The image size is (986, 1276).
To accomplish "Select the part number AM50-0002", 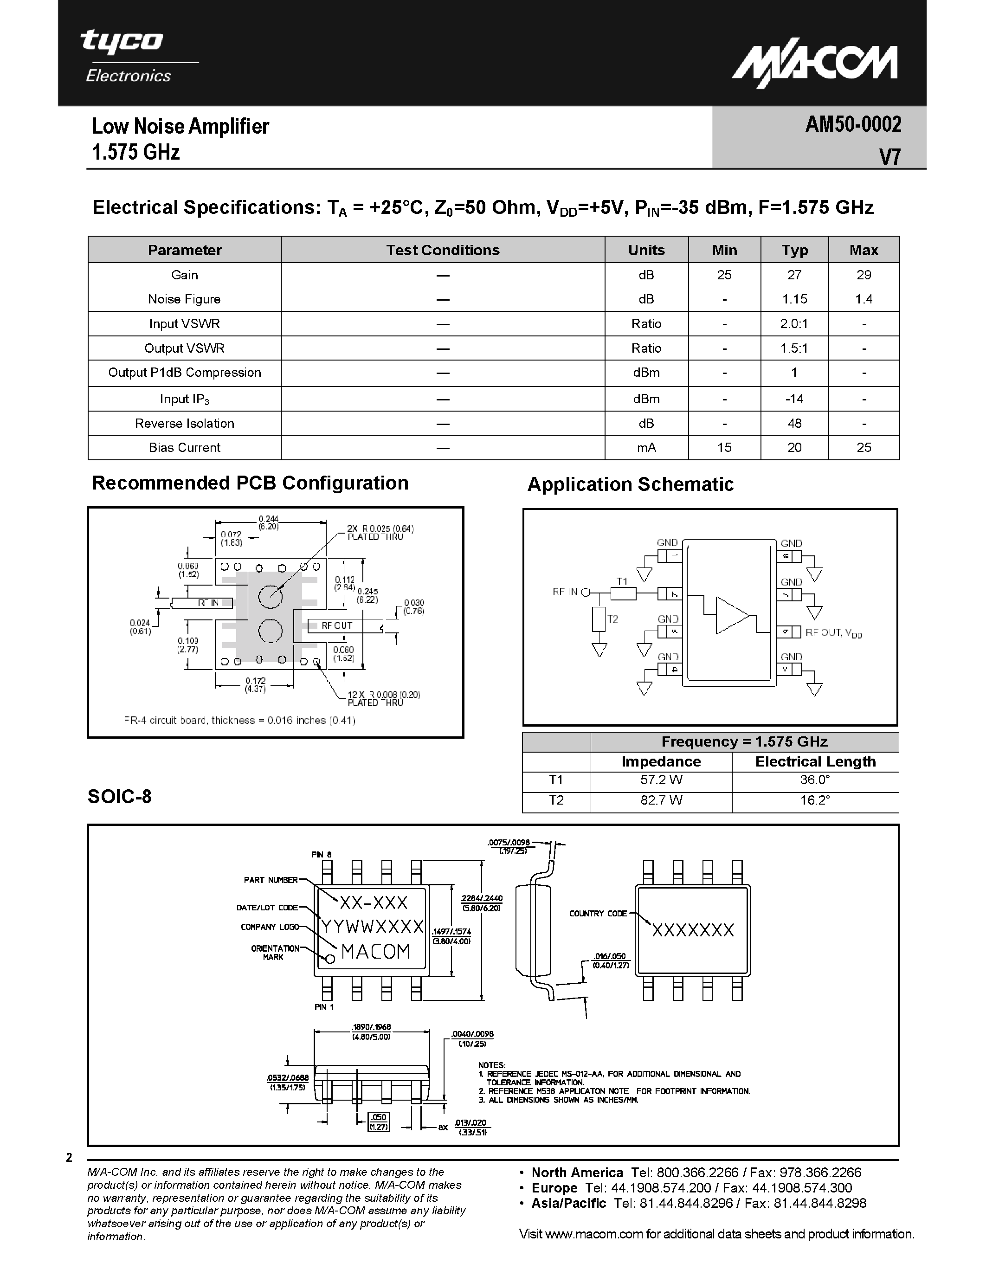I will coord(853,124).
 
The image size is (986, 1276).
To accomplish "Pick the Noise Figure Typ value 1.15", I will coord(794,299).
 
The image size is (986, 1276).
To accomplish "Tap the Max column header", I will coord(864,250).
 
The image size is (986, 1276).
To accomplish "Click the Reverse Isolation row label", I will coord(185,424).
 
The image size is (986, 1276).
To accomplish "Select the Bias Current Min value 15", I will coord(724,448).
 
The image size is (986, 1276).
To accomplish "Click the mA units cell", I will coord(646,448).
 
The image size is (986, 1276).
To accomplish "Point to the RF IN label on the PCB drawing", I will coord(208,603).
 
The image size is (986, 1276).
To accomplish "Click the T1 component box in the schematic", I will coord(623,593).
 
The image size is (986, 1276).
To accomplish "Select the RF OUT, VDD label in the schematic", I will coord(833,633).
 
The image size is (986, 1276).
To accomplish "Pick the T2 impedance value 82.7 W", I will coord(661,800).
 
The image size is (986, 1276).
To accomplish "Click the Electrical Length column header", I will coord(815,762).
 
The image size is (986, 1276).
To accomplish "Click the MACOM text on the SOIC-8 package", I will coord(375,952).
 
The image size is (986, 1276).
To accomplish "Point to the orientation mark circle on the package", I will coord(329,959).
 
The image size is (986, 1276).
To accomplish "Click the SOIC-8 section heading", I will coord(120,797).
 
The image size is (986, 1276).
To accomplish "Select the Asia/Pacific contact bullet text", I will coord(698,1204).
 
